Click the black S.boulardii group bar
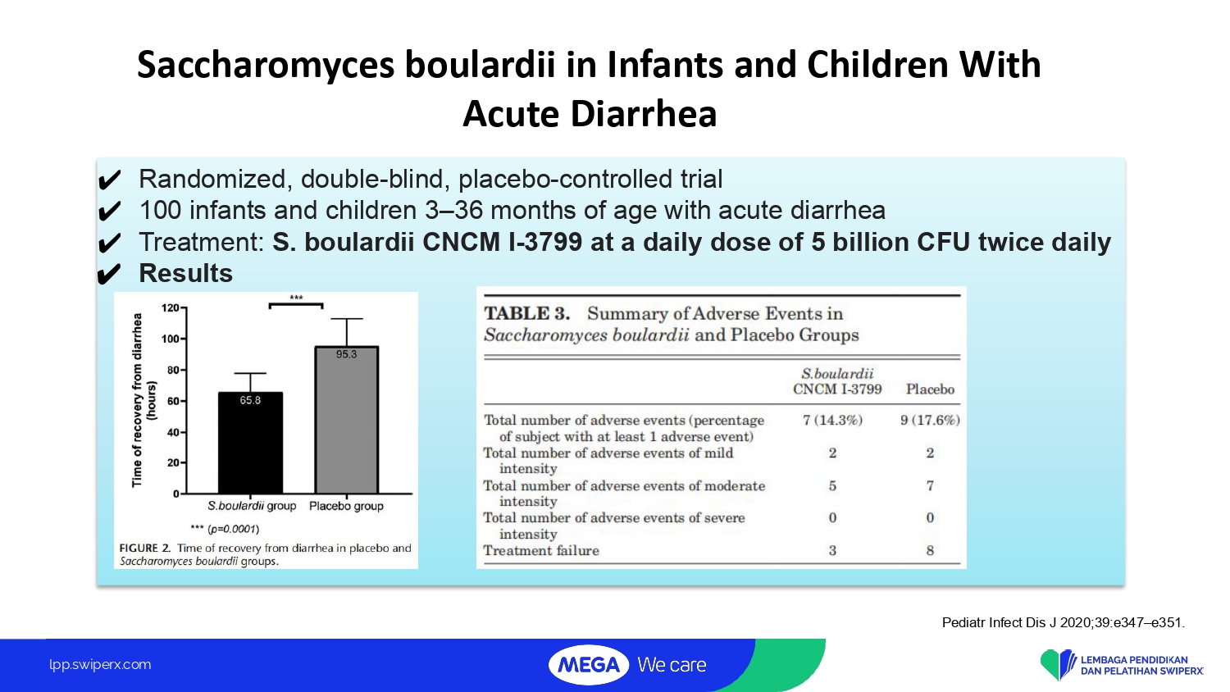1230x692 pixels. click(250, 443)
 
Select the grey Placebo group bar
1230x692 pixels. click(347, 420)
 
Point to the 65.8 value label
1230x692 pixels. click(250, 400)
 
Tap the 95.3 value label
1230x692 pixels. click(347, 354)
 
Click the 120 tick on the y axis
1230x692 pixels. click(171, 308)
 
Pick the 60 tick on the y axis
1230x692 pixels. click(174, 402)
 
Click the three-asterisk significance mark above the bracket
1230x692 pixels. click(296, 298)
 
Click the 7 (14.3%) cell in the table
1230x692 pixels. click(832, 420)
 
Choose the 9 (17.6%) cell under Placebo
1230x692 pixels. click(930, 420)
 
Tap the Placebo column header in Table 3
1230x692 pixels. click(930, 389)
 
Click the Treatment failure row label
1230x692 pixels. click(541, 550)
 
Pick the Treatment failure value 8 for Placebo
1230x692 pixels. click(930, 550)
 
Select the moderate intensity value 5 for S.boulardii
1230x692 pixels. click(832, 485)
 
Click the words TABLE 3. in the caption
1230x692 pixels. click(526, 313)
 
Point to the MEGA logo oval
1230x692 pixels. click(589, 665)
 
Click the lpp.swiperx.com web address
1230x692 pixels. click(100, 665)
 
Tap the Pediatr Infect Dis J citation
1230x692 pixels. click(1063, 622)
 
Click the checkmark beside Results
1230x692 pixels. click(109, 274)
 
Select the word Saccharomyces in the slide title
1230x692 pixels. click(266, 66)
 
